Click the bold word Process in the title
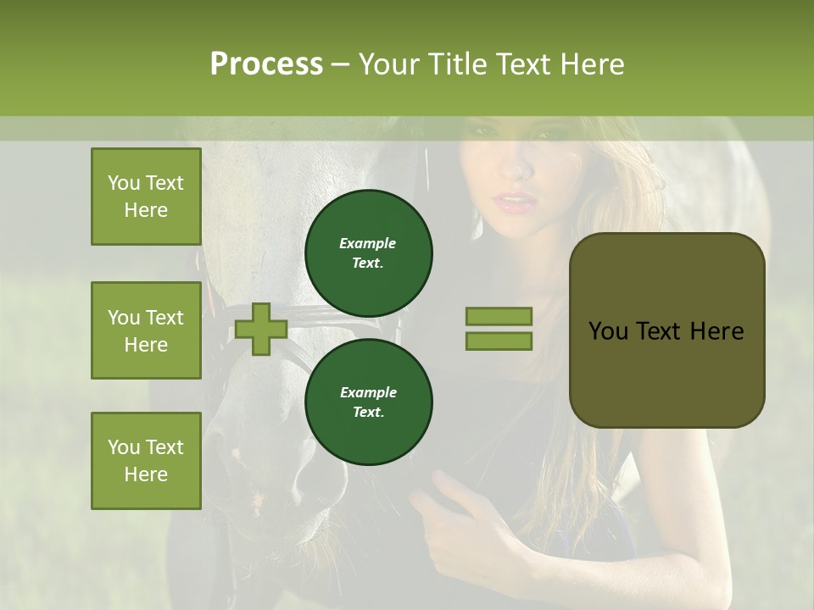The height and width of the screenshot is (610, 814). coord(266,64)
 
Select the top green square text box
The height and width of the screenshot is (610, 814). coord(146,197)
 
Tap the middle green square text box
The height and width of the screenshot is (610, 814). coord(146,330)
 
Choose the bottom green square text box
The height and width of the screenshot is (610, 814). coord(146,460)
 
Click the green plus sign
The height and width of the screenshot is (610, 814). coord(261,329)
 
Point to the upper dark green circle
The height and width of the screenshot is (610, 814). coord(369,252)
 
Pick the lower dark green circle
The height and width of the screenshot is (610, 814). coord(369,402)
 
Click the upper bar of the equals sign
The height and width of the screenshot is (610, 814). coord(499,316)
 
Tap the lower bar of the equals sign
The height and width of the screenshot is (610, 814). coord(499,341)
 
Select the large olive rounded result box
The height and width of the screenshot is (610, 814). coord(666,330)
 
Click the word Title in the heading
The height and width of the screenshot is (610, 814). coord(459,64)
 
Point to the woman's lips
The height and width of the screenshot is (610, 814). coord(515,203)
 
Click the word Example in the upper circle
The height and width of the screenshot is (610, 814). coord(368,243)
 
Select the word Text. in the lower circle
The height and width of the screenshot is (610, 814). coord(368,412)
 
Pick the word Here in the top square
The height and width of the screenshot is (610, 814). coord(146,210)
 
